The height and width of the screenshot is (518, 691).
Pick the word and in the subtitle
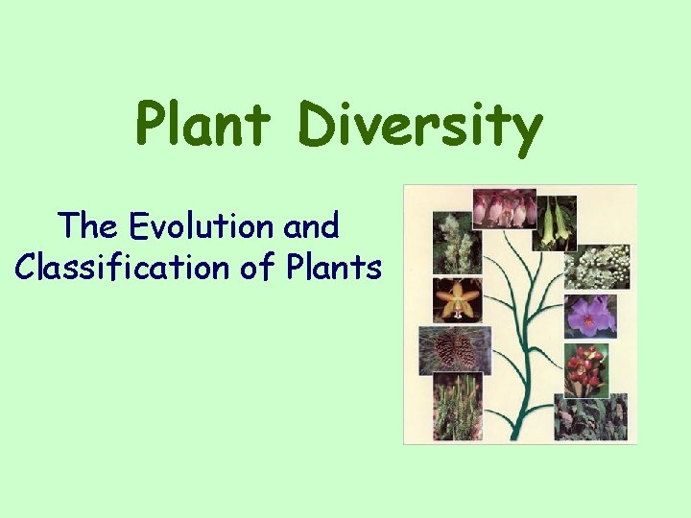coord(311,226)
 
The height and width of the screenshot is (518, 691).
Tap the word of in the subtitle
coord(256,267)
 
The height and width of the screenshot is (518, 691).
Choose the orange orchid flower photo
coord(458,300)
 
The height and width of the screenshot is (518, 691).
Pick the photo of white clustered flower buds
coord(597,262)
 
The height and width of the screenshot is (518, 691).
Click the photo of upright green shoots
coord(458,409)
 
